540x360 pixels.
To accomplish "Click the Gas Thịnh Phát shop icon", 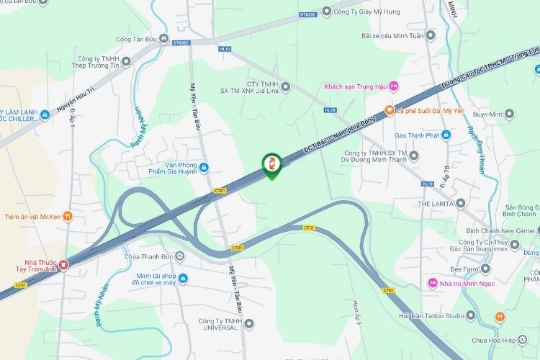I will point(445,135).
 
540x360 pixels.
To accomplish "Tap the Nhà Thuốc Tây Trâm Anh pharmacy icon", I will point(64,266).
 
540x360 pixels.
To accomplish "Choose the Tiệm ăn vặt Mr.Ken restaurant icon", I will point(67,215).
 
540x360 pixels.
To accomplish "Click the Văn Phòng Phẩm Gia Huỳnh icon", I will point(204,168).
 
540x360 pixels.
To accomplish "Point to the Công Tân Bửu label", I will point(138,39).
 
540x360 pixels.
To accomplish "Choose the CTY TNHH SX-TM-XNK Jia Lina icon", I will point(285,87).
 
